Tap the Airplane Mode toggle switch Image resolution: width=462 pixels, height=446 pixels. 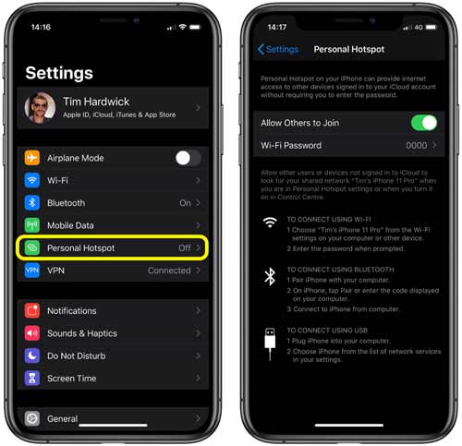click(x=188, y=158)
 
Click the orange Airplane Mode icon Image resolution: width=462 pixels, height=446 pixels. click(x=32, y=158)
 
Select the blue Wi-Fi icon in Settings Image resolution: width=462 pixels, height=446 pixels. click(x=32, y=180)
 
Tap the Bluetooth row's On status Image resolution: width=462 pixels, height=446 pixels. click(x=185, y=203)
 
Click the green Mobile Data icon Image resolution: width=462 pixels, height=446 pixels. click(x=32, y=225)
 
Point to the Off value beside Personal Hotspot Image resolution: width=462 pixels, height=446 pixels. click(x=185, y=248)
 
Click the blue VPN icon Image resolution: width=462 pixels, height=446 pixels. click(x=32, y=271)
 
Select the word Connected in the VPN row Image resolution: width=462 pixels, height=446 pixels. click(x=169, y=271)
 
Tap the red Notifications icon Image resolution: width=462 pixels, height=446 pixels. click(x=32, y=311)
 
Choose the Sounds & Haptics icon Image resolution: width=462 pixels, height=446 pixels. click(x=32, y=333)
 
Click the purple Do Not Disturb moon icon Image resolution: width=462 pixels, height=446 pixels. click(x=32, y=356)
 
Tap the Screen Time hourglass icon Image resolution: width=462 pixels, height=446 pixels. click(x=32, y=379)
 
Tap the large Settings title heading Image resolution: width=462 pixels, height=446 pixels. click(x=59, y=73)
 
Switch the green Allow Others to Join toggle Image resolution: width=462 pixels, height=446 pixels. click(x=423, y=123)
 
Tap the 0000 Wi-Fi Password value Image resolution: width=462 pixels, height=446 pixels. click(x=418, y=146)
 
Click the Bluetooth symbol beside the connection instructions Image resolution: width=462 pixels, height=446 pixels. click(x=270, y=276)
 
